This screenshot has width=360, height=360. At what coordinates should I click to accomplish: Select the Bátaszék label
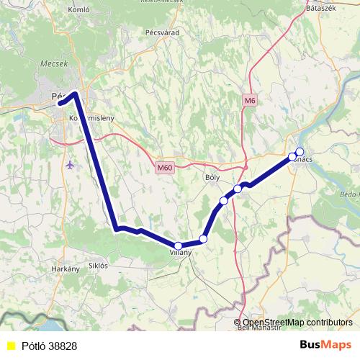coord(322,7)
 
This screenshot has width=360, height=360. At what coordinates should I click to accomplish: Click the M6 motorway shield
coord(250,101)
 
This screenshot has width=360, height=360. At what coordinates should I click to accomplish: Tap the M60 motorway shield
coord(165,168)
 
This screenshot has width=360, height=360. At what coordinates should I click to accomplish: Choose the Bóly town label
coord(213,176)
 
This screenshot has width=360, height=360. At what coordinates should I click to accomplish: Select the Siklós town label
coord(97,265)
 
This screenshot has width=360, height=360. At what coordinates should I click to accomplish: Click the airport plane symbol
coord(69,165)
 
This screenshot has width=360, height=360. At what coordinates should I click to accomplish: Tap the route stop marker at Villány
coord(179,246)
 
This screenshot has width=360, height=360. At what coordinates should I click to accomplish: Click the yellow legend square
coord(11,346)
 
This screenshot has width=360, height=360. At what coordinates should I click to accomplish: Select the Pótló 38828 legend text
coord(49,346)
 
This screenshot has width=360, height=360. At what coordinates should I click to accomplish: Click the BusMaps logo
coord(326,346)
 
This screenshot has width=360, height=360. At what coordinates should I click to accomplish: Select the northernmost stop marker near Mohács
coord(300,151)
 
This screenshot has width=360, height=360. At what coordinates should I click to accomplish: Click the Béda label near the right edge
coord(348,194)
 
